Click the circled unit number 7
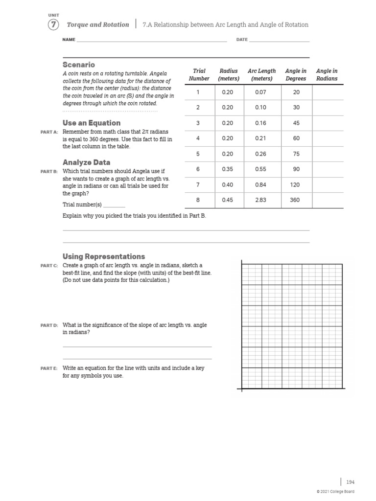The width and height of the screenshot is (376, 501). point(53,24)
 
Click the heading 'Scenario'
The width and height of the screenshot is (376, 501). point(79,65)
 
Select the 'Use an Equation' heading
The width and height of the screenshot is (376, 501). point(92,123)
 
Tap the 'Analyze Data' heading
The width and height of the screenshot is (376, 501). point(86,162)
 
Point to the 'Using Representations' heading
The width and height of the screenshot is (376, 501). point(104,256)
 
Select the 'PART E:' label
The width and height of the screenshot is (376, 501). point(49,368)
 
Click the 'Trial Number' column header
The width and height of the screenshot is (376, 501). point(199,74)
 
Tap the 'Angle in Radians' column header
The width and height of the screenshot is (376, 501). point(327,74)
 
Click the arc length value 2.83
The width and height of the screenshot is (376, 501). point(260,200)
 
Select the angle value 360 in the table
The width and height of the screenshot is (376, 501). point(295,200)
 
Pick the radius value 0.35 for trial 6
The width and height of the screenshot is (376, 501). point(228,169)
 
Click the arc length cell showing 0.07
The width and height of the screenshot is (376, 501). point(260,92)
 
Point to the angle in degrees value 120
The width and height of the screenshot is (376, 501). point(295,184)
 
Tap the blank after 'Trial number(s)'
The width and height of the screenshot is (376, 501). point(114,205)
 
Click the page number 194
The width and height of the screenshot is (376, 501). point(351,482)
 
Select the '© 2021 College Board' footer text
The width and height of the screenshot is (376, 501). point(335,492)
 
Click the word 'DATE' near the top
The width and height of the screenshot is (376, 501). point(242,40)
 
